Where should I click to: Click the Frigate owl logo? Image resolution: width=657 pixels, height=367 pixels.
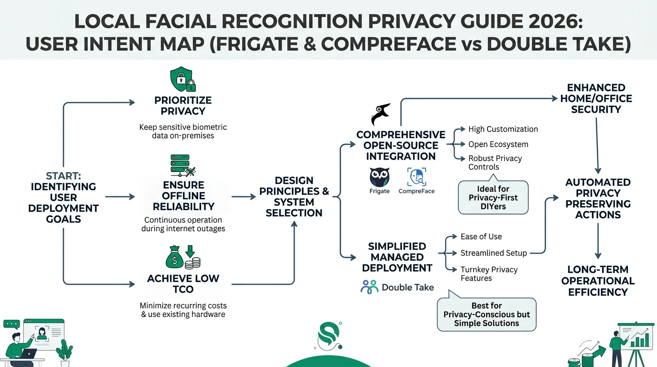(x=380, y=177)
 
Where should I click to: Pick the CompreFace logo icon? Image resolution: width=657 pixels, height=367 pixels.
(x=417, y=177)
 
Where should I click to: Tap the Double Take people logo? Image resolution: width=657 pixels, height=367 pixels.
(x=369, y=287)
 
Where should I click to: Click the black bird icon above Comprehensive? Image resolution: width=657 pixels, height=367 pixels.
(x=381, y=115)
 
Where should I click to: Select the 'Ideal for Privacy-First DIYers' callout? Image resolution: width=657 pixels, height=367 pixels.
(x=493, y=197)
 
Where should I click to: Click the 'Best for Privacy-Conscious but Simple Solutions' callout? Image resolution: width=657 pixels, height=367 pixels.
(x=487, y=314)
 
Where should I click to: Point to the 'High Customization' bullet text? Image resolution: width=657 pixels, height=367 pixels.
(x=503, y=129)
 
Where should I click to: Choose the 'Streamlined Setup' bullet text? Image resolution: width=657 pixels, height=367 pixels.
(x=494, y=253)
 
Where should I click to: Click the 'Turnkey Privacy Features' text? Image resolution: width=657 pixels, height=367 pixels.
(x=489, y=274)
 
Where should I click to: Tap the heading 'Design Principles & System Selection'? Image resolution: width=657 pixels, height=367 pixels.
(x=294, y=196)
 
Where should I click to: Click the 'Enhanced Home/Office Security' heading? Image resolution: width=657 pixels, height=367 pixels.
(x=596, y=98)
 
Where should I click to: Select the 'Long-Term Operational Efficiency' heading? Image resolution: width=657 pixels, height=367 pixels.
(x=598, y=281)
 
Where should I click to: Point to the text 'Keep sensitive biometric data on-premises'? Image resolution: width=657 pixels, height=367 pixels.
(x=183, y=131)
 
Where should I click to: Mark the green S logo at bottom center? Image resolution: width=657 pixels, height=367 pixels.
(x=329, y=335)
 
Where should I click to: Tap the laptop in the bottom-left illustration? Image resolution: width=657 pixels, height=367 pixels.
(x=29, y=354)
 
